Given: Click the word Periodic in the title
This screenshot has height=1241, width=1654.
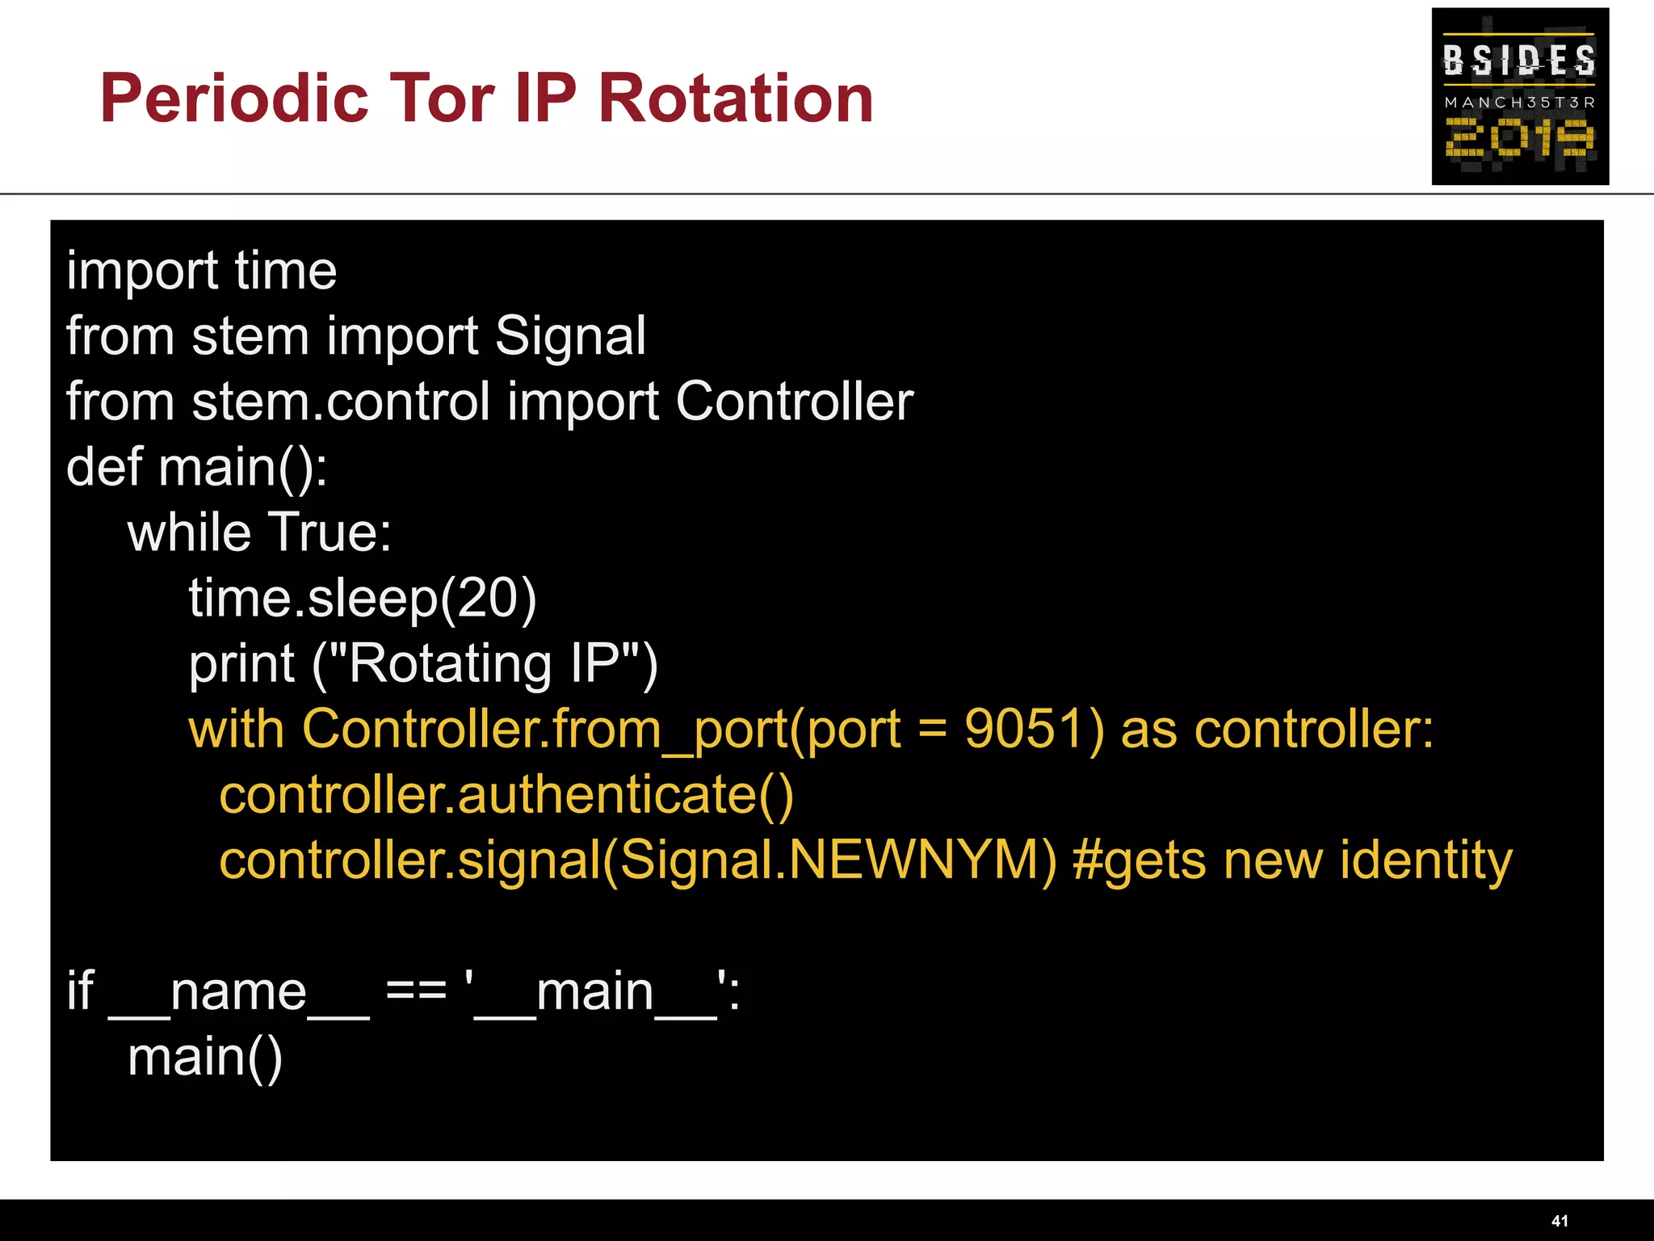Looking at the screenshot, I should (x=234, y=99).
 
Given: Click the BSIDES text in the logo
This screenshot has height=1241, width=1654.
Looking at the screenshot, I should (x=1519, y=60).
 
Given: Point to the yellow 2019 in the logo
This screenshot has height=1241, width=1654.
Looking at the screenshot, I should (x=1519, y=138).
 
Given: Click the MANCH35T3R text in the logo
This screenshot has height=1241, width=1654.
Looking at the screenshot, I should (x=1519, y=103).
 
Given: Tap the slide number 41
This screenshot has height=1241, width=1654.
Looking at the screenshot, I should (x=1560, y=1221).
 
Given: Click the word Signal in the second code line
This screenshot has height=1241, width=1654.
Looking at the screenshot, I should (x=570, y=336).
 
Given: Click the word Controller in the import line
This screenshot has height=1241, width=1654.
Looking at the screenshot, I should (x=794, y=402).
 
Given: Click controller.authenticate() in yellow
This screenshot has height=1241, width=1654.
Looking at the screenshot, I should (x=506, y=795).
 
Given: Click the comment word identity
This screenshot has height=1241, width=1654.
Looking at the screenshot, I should (x=1425, y=860).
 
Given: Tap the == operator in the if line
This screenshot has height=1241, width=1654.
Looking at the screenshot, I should (x=416, y=991).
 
